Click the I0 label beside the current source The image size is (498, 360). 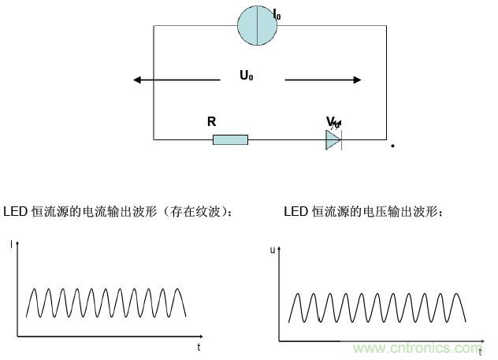pyautogui.click(x=276, y=14)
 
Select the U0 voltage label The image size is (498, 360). pyautogui.click(x=247, y=76)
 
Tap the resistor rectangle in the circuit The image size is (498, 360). pyautogui.click(x=230, y=139)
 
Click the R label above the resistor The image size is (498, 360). pyautogui.click(x=211, y=121)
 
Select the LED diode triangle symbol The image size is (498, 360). pyautogui.click(x=333, y=139)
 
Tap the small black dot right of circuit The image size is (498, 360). pyautogui.click(x=392, y=147)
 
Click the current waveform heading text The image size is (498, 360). pyautogui.click(x=118, y=212)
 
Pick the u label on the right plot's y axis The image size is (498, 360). pyautogui.click(x=273, y=250)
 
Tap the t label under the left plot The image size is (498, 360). pyautogui.click(x=199, y=347)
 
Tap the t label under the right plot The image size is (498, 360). pyautogui.click(x=480, y=352)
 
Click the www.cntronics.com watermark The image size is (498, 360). pyautogui.click(x=418, y=347)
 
